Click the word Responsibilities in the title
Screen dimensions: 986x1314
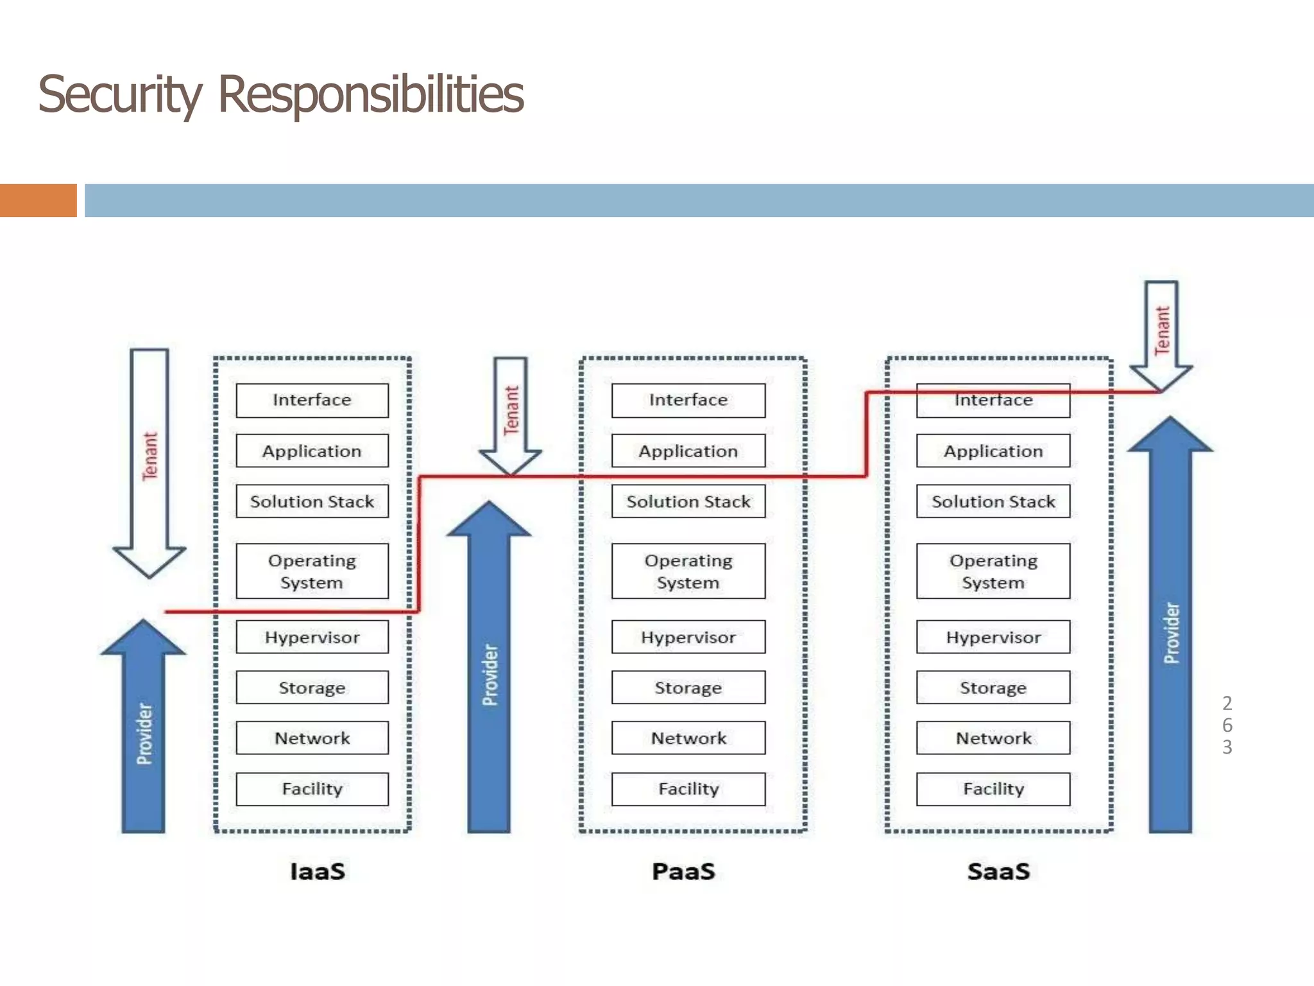click(371, 95)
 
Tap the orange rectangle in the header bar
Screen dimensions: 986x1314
click(38, 200)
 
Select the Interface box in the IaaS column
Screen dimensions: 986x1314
click(312, 401)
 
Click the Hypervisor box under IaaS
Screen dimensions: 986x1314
click(312, 637)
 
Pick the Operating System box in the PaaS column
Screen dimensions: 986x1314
click(688, 571)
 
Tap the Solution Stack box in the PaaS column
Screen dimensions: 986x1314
click(688, 501)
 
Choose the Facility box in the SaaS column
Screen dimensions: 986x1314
click(993, 789)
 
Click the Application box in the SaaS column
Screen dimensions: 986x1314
click(993, 451)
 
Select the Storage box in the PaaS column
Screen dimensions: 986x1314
click(688, 688)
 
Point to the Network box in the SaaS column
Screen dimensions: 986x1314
click(993, 738)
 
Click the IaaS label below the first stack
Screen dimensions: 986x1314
click(318, 872)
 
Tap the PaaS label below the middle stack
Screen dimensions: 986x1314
click(683, 872)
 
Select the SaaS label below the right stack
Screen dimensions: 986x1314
click(998, 872)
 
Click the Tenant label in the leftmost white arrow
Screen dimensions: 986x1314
click(149, 456)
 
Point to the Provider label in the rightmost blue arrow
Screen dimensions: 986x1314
click(1172, 632)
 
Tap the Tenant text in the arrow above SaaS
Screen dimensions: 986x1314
click(1162, 330)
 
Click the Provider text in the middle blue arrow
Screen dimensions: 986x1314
click(490, 675)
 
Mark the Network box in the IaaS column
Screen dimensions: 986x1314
click(312, 738)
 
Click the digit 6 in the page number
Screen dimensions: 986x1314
click(1227, 725)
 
